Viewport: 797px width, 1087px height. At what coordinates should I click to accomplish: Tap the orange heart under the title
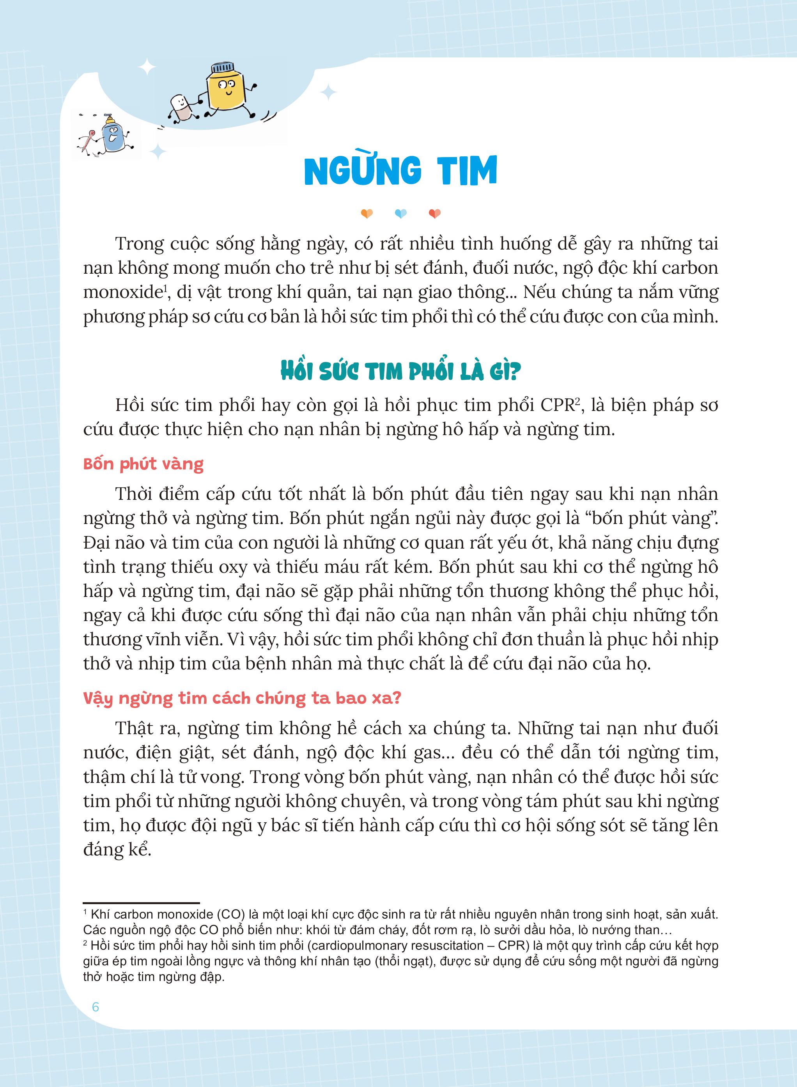click(x=367, y=213)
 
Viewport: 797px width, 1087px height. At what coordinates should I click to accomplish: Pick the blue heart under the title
click(x=400, y=213)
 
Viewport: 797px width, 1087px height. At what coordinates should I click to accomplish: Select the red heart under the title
click(x=434, y=213)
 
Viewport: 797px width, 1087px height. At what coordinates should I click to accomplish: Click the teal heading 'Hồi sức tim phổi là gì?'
click(x=400, y=372)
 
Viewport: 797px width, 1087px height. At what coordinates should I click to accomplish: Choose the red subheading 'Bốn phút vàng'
click(x=143, y=464)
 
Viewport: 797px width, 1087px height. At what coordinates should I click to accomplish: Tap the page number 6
click(x=95, y=1007)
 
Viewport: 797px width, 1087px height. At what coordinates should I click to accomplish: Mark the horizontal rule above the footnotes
click(x=141, y=902)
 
